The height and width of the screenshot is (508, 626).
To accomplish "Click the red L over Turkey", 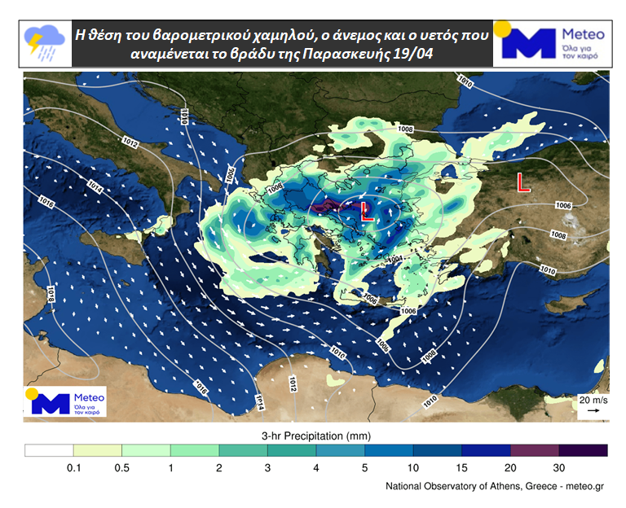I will click(x=523, y=184).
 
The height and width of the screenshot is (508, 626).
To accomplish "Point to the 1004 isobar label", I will click(x=395, y=260).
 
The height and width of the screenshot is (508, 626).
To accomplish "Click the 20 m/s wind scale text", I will click(x=593, y=401).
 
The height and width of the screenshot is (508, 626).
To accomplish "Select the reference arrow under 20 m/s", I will click(x=593, y=411).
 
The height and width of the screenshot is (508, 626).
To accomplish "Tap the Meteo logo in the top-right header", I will click(x=554, y=43).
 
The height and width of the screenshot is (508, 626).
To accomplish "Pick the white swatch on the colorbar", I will click(x=49, y=450).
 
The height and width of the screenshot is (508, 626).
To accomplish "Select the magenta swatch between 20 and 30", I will click(x=535, y=450).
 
